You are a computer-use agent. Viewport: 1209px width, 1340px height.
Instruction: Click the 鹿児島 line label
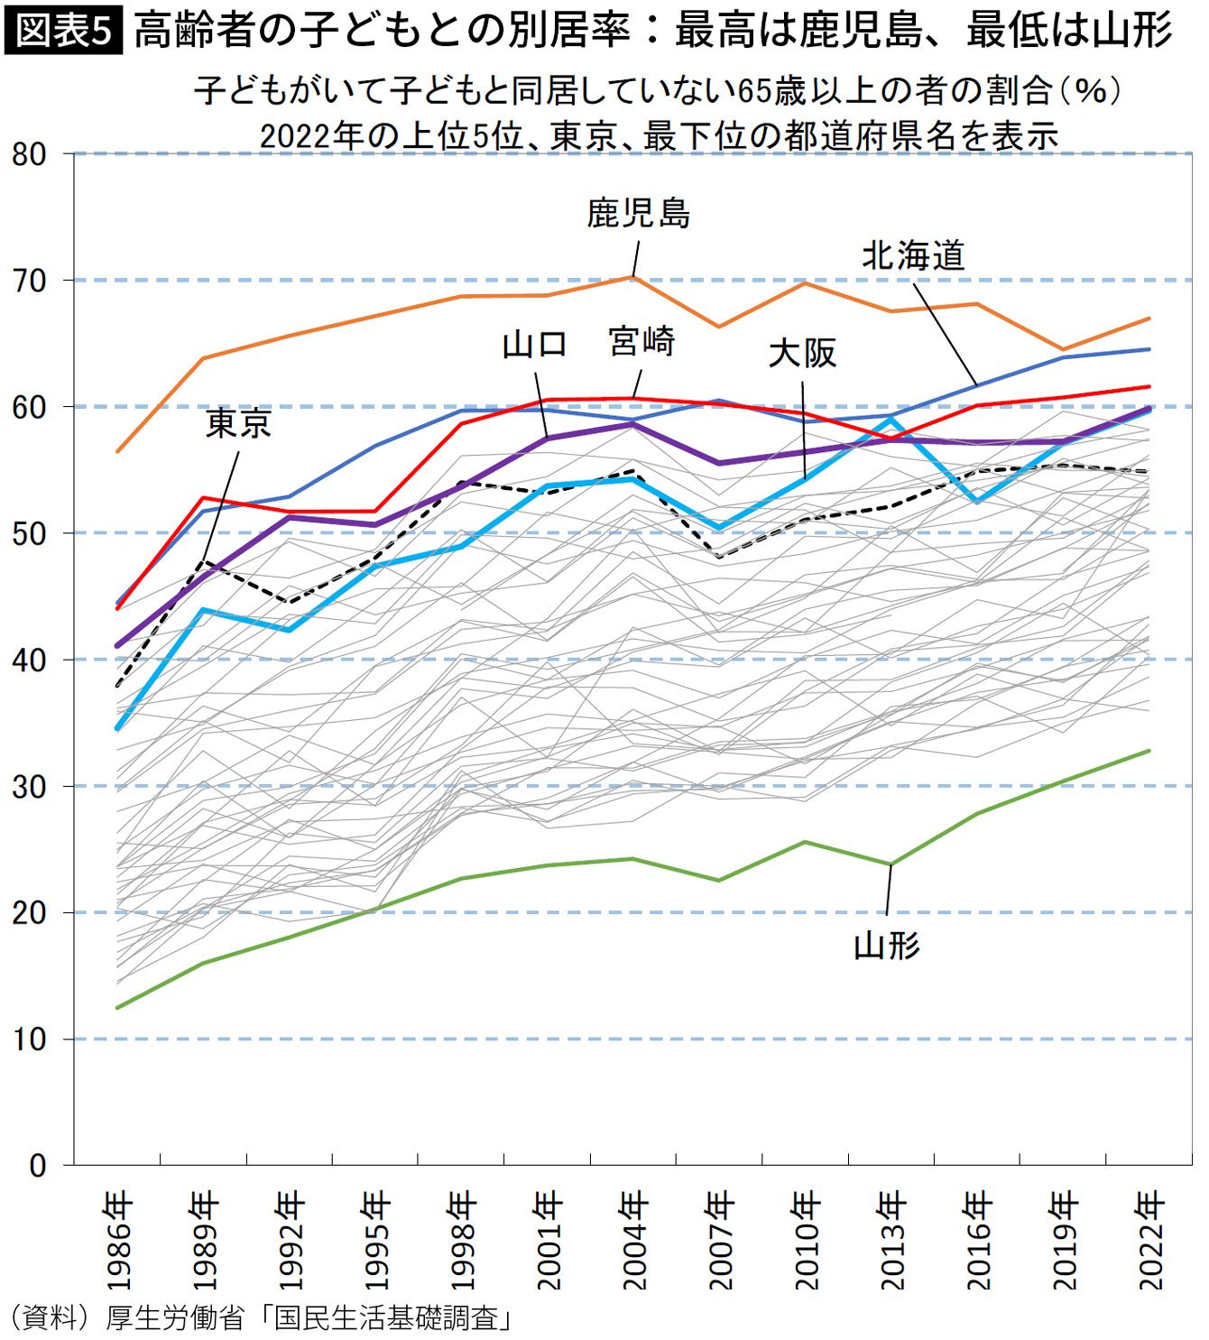tap(638, 214)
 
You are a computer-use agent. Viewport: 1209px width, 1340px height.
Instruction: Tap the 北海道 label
tap(913, 256)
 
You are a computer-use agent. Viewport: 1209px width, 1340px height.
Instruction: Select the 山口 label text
tap(534, 345)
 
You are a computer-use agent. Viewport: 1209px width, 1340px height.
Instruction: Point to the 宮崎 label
tap(641, 342)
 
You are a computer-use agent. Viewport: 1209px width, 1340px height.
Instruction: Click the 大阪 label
tap(802, 353)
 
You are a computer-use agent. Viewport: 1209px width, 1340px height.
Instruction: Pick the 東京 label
tap(238, 423)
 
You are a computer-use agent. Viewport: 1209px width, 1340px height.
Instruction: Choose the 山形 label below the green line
tap(887, 946)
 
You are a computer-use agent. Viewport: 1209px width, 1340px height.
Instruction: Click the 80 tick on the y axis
tap(29, 154)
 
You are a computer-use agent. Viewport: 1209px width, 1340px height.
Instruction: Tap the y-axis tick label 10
tap(29, 1040)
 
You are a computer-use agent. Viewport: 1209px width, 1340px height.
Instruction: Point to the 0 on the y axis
tap(38, 1166)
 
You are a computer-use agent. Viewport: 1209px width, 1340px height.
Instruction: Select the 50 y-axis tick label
tap(29, 533)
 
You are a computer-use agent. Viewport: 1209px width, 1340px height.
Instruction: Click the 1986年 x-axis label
tap(119, 1240)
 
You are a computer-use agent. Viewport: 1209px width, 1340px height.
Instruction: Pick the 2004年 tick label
tap(635, 1240)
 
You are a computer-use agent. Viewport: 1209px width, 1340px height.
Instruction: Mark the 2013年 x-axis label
tap(892, 1240)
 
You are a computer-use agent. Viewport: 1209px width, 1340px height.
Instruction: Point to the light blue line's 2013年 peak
tap(891, 419)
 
